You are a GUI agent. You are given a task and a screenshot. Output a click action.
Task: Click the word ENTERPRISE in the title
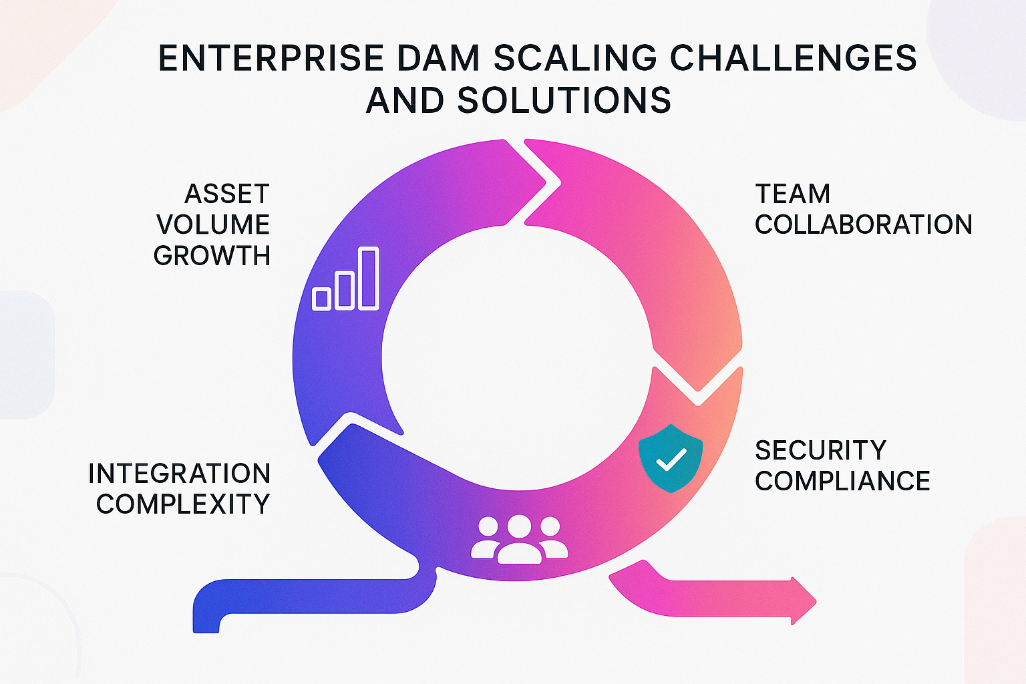(x=271, y=58)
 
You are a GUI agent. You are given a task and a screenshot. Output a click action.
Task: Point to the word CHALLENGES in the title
(x=793, y=58)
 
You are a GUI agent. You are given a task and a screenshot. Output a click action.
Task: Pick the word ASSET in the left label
(x=227, y=194)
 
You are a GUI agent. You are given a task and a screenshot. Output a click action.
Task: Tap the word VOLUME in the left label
(x=213, y=225)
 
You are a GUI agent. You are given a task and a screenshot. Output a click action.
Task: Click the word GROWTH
(x=212, y=256)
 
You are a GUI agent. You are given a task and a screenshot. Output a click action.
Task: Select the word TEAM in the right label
(x=793, y=194)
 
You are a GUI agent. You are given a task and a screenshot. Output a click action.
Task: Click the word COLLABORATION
(x=863, y=225)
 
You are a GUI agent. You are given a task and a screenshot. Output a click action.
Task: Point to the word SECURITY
(x=820, y=451)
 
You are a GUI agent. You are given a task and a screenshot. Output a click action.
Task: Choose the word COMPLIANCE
(x=842, y=482)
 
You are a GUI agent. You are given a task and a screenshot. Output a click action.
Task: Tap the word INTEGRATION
(x=179, y=474)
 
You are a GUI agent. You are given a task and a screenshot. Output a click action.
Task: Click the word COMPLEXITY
(x=182, y=504)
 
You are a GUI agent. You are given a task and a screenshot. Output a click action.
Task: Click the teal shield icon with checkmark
(x=671, y=458)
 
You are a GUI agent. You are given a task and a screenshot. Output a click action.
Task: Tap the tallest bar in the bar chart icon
(x=369, y=279)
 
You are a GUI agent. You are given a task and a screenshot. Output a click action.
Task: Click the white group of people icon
(x=519, y=538)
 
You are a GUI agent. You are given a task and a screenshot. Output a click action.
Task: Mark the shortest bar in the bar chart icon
(x=322, y=299)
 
